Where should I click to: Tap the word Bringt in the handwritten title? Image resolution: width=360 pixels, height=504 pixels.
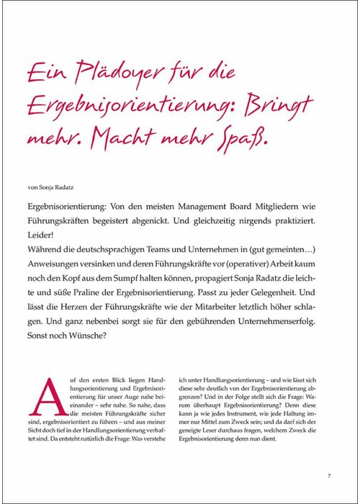tap(280, 105)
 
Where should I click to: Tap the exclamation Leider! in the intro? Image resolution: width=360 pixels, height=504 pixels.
tap(41, 235)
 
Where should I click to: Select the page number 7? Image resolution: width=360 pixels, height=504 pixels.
tap(328, 475)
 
